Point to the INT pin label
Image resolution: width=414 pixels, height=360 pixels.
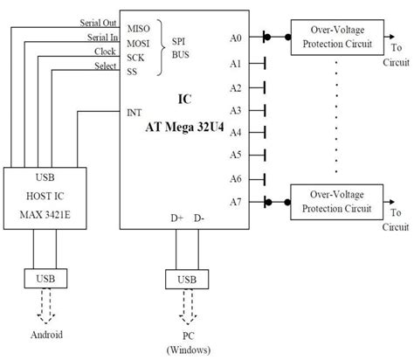tap(135, 113)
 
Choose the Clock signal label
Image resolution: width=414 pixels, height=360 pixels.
tap(101, 52)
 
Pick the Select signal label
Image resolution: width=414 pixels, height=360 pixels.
tap(101, 66)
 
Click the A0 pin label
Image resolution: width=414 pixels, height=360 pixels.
tap(236, 38)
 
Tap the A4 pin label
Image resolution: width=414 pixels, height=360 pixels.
tap(236, 132)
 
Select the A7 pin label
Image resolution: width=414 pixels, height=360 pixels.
tap(236, 201)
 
